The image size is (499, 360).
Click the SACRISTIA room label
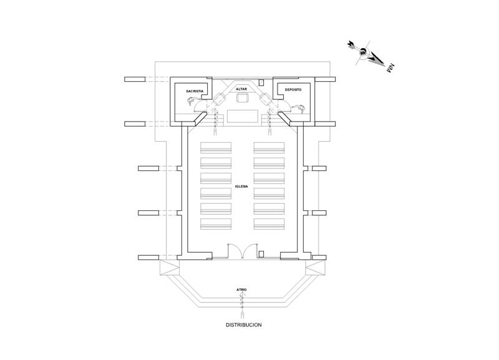195,92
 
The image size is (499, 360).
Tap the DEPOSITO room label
293,90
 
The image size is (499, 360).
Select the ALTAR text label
243,89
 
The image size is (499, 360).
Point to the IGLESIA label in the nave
243,187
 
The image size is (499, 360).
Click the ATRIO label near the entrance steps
242,289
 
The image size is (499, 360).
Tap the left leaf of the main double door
235,250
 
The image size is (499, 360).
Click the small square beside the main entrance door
261,254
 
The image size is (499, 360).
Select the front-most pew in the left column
216,148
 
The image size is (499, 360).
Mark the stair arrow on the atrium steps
242,302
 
